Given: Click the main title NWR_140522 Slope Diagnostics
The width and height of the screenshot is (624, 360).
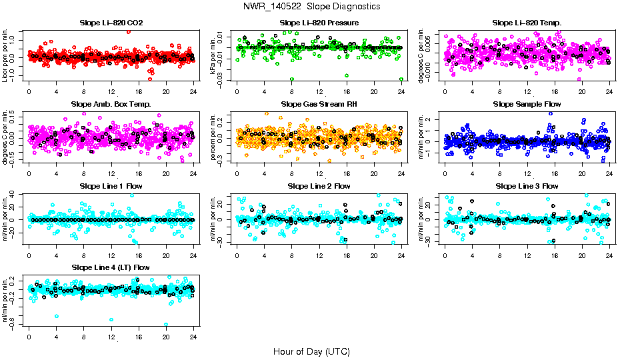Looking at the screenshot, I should [312, 6].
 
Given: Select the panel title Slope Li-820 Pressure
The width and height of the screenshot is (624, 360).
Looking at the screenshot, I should [319, 23].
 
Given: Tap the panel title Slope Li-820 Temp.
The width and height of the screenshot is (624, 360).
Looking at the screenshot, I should [527, 23].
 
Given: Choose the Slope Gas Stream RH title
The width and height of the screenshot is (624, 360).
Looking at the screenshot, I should [319, 105].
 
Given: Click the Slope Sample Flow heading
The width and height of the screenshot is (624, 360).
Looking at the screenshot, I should [527, 105].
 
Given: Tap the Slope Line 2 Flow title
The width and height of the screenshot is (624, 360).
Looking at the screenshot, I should [319, 186].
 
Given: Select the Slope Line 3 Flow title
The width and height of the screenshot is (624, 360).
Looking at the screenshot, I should [527, 186].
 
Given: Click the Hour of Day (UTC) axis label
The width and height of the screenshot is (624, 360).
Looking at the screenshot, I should [312, 351].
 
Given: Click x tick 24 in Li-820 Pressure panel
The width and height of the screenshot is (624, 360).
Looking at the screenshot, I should [401, 91].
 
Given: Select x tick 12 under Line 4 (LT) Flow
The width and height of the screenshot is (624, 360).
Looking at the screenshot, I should [111, 337].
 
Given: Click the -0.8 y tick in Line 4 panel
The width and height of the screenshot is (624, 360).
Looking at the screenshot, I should [14, 325].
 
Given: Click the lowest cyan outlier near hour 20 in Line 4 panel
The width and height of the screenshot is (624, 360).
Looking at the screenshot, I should [166, 325].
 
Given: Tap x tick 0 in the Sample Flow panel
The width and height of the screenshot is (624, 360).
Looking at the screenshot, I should [445, 173].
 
